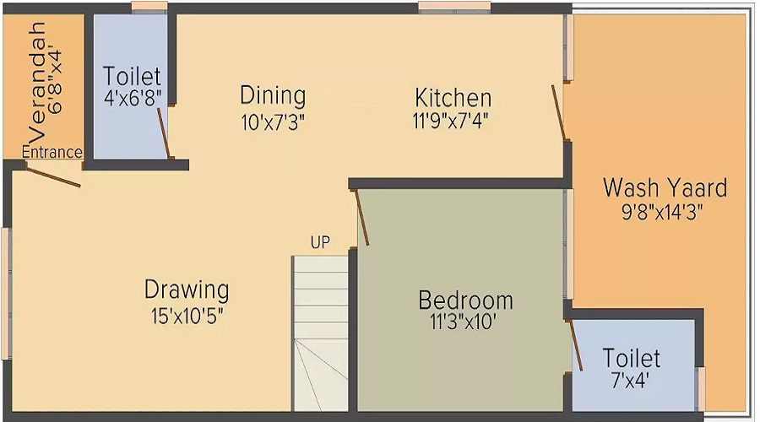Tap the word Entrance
[x=52, y=153]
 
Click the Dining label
[x=272, y=95]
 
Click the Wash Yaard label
[x=665, y=187]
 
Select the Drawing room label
[x=187, y=290]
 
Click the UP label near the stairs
[x=320, y=243]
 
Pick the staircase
[x=321, y=329]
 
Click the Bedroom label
[x=466, y=300]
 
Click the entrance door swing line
[x=52, y=176]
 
